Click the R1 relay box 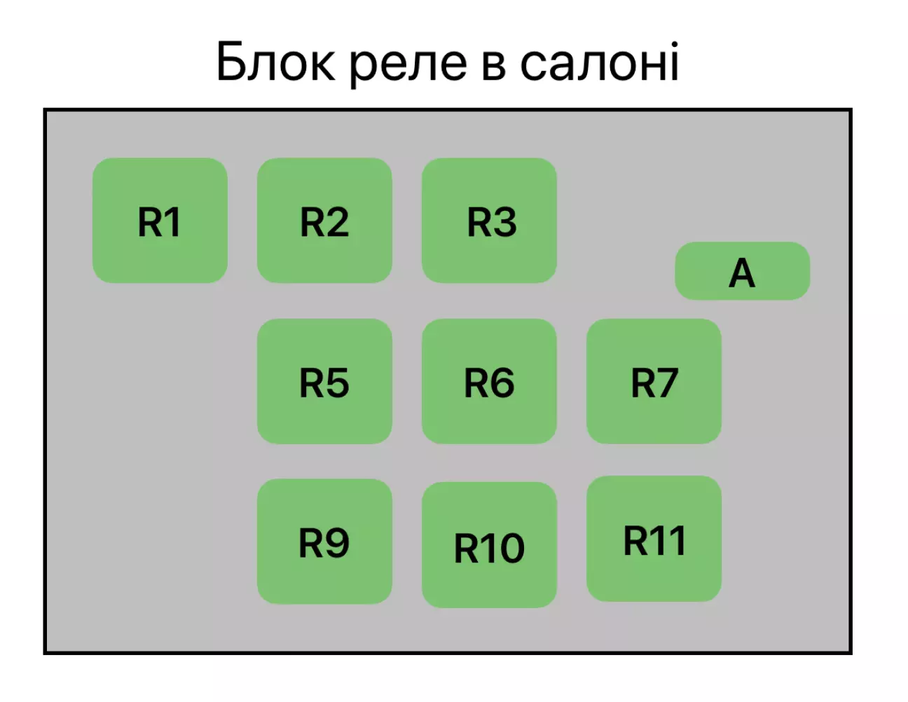tap(160, 220)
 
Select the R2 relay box tap(324, 220)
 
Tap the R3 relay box tap(489, 220)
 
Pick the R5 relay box tap(324, 381)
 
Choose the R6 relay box tap(489, 381)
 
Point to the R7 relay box tap(654, 381)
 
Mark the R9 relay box tap(324, 541)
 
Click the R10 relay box tap(489, 544)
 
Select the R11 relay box tap(654, 538)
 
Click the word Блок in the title tap(275, 62)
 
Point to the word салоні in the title tap(599, 62)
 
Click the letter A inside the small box tap(742, 273)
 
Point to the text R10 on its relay tap(489, 548)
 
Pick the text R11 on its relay tap(654, 541)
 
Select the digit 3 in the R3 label tap(504, 223)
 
